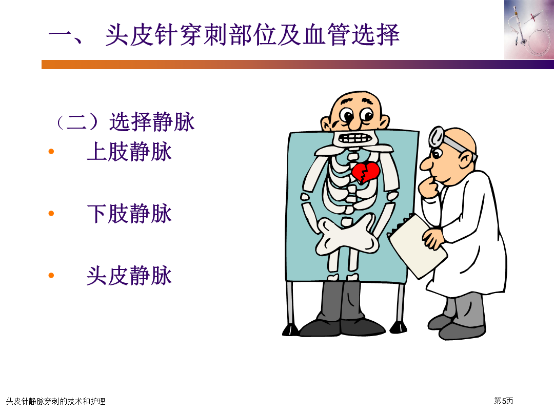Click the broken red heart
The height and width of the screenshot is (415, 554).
[365, 172]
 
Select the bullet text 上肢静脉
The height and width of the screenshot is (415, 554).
[129, 152]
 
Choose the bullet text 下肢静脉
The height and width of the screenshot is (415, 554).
[129, 214]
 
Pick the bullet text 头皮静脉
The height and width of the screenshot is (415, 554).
[129, 275]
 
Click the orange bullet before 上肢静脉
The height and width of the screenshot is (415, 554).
[51, 152]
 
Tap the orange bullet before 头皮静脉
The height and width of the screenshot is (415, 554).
[51, 275]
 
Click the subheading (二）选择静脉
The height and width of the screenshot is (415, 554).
[125, 122]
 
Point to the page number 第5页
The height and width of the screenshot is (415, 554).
[504, 401]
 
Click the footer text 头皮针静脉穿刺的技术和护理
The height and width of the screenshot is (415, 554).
[56, 401]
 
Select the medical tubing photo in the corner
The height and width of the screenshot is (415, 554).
[529, 30]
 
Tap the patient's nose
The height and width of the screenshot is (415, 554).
[354, 122]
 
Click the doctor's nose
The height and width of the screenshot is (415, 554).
[426, 164]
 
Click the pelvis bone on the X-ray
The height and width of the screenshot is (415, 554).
[347, 235]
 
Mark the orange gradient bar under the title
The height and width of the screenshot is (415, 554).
[298, 65]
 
